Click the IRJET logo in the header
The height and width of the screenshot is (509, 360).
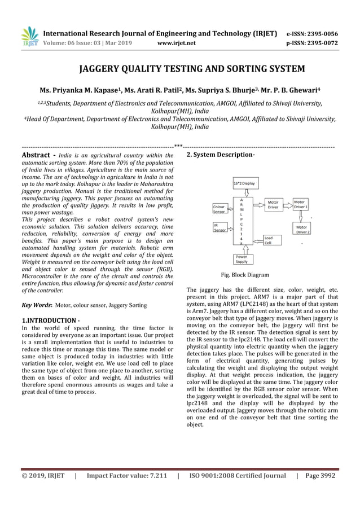point(29,36)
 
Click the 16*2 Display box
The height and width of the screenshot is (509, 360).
point(244,183)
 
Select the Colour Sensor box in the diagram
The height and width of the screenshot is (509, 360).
point(219,209)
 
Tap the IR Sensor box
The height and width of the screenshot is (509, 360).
point(219,227)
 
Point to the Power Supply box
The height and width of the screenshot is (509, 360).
point(242,259)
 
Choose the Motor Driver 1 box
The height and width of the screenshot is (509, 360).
point(301,204)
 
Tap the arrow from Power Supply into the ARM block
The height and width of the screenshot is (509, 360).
point(242,249)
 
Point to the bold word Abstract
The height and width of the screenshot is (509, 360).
point(37,155)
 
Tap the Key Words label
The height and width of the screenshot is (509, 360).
point(37,305)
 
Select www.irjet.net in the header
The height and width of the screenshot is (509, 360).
point(177,42)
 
